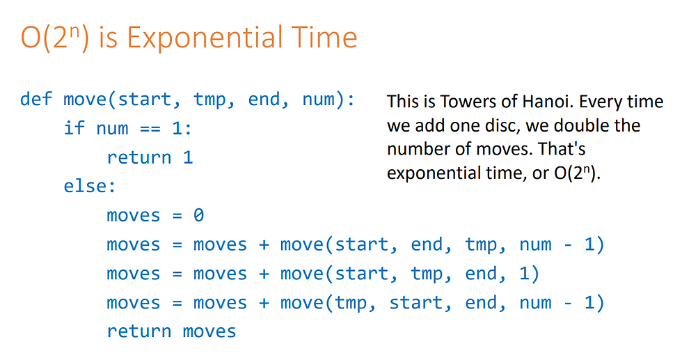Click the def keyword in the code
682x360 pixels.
coord(36,99)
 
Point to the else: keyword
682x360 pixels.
coord(90,187)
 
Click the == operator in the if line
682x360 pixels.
coord(150,129)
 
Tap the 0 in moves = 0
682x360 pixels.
coord(198,215)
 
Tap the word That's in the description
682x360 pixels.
coord(562,149)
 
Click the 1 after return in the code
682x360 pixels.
coord(188,157)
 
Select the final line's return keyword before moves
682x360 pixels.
coord(139,331)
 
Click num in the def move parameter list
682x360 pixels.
coord(319,100)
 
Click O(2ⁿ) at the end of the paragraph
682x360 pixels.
coord(577,173)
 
